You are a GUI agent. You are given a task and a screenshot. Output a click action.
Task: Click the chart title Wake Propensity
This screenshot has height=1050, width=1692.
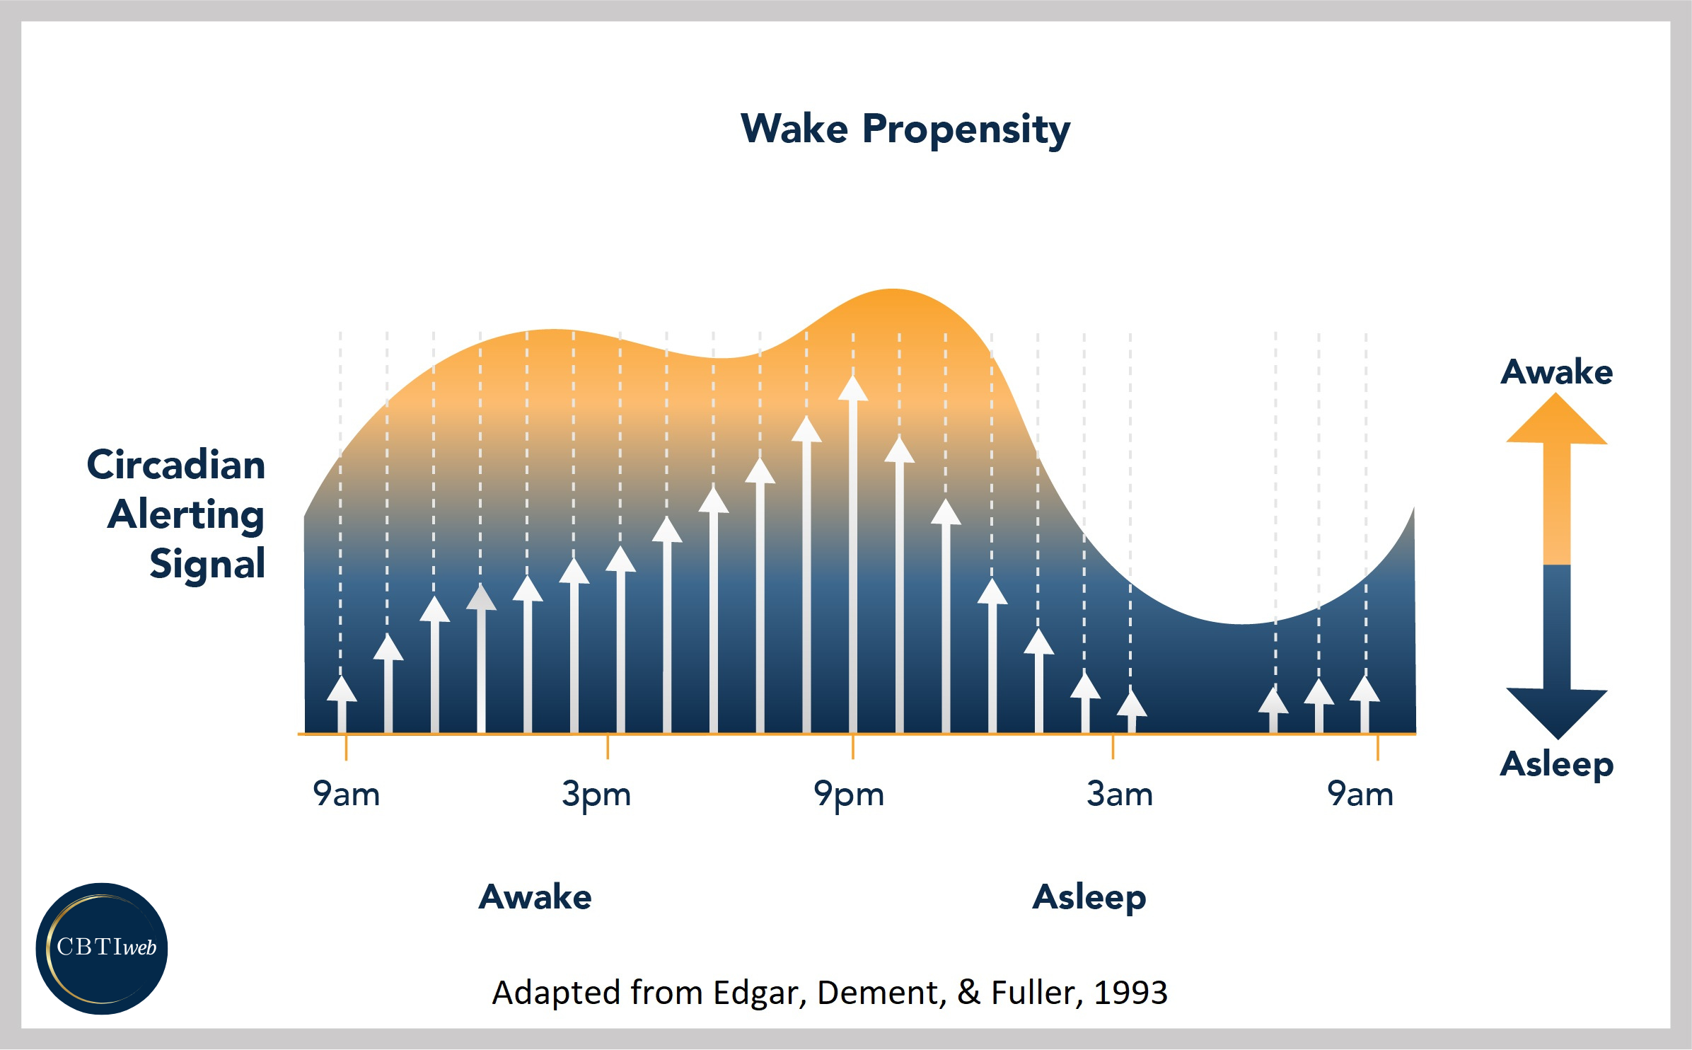click(905, 129)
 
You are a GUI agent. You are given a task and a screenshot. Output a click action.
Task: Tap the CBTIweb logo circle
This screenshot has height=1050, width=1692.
click(102, 948)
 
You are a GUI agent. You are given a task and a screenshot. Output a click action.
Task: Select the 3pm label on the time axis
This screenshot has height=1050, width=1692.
click(596, 794)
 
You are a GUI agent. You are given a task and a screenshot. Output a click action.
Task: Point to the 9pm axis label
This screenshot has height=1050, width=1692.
click(848, 794)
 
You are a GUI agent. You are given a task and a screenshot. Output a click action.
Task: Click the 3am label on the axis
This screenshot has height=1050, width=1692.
click(1119, 794)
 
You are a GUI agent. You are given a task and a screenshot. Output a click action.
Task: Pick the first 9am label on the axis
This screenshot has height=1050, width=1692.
click(346, 794)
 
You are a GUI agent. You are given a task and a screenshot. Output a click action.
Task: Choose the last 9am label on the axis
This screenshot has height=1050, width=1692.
click(1360, 794)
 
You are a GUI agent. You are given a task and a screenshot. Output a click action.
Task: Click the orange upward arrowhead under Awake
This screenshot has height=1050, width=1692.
click(1556, 422)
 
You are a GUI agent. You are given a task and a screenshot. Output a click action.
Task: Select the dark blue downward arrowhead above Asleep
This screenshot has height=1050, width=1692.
click(1556, 711)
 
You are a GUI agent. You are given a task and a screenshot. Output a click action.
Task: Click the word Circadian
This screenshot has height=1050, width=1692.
click(175, 465)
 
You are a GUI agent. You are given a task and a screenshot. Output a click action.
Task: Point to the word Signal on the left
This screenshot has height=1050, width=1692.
click(207, 564)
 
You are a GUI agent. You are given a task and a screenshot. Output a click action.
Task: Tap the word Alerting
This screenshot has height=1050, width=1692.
click(185, 514)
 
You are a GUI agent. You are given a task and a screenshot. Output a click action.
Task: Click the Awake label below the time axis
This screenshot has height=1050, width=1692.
click(535, 897)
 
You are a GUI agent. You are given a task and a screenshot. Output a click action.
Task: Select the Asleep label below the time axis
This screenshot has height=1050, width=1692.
click(1089, 897)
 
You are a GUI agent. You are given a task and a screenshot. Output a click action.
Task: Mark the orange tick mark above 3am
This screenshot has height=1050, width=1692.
click(1113, 746)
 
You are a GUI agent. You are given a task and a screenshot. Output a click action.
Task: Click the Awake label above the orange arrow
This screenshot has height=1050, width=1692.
click(1556, 371)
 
